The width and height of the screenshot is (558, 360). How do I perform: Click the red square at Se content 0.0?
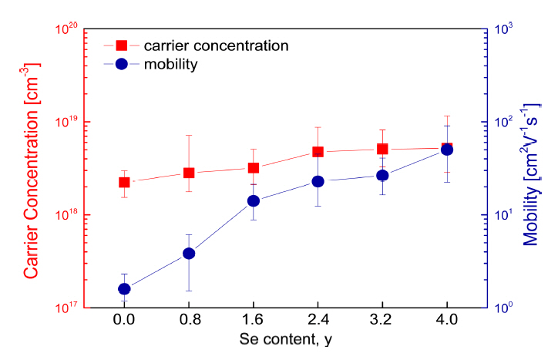coord(124,182)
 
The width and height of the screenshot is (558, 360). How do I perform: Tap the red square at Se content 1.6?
coord(253,168)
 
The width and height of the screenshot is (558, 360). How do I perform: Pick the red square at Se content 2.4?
coord(318,152)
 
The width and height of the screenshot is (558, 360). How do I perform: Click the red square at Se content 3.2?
coord(382,149)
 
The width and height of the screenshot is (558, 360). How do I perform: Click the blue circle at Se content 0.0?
coord(124,289)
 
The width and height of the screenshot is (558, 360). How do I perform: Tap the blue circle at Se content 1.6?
coord(253,201)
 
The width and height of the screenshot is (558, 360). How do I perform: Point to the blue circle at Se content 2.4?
coord(318,182)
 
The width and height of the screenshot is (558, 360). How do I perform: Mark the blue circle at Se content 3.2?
coord(382,175)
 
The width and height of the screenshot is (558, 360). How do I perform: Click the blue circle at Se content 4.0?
coord(446,150)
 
